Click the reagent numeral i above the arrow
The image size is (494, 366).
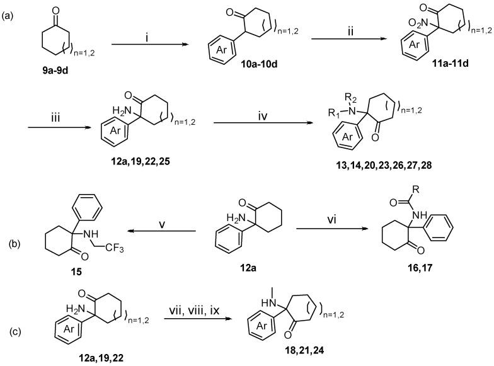pyautogui.click(x=146, y=36)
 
